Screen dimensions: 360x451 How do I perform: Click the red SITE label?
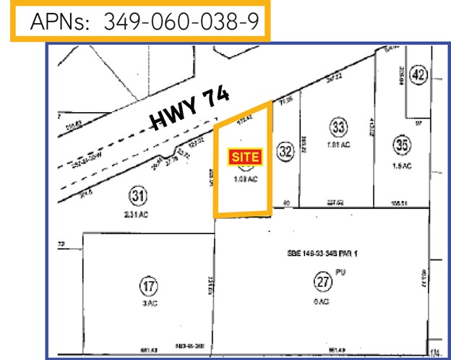coord(244,155)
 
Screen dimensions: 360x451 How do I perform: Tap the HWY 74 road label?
coord(189,111)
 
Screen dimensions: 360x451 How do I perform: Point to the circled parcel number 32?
coord(285,151)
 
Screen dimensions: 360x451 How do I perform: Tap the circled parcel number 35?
coord(402,144)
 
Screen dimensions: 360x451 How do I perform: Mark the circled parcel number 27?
coord(322,280)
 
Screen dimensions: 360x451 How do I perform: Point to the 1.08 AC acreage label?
coord(245,180)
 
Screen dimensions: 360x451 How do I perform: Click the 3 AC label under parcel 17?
coord(148,304)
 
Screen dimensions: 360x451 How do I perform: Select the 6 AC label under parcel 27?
coord(322,301)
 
